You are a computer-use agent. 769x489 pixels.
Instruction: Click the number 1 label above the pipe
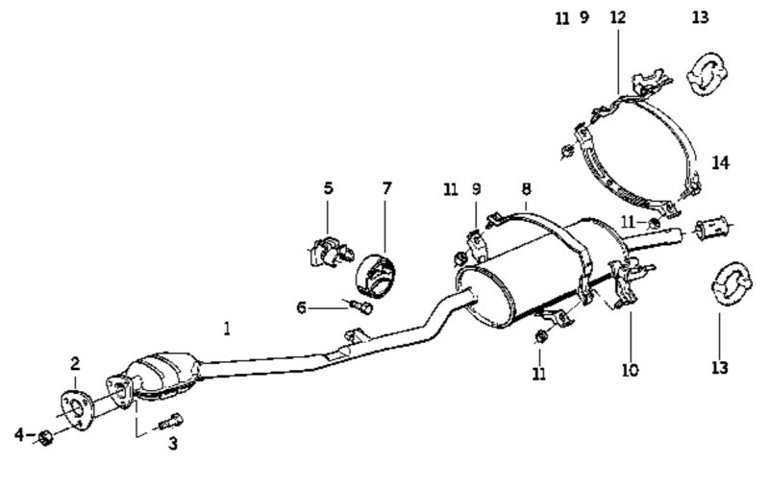click(x=227, y=329)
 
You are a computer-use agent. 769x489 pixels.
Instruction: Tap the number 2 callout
click(x=75, y=363)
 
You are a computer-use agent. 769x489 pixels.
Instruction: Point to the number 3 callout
click(x=173, y=444)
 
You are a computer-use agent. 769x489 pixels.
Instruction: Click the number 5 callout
click(x=328, y=188)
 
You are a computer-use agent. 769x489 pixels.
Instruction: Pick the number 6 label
click(x=301, y=307)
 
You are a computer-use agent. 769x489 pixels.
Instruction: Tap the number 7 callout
click(x=386, y=188)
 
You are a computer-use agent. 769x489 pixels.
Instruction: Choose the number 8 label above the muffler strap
click(x=526, y=189)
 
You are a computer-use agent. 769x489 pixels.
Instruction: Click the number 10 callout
click(x=630, y=369)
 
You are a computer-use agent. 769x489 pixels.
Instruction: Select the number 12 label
click(x=616, y=17)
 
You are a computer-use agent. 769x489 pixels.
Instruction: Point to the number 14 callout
click(x=721, y=162)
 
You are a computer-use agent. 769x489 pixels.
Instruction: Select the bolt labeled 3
click(x=174, y=420)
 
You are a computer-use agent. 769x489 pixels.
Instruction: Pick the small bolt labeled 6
click(x=361, y=307)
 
